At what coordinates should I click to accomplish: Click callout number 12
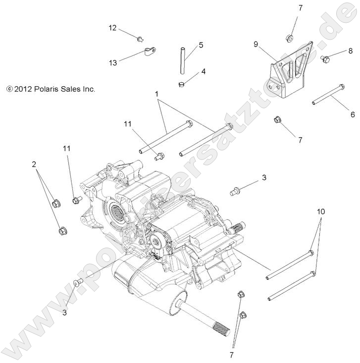[x=112, y=28]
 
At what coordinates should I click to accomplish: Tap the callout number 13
[x=113, y=62]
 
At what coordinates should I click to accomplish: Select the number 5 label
[x=201, y=45]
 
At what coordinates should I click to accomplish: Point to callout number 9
[x=256, y=44]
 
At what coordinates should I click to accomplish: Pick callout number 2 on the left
[x=34, y=164]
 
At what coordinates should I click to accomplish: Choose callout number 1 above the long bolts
[x=156, y=93]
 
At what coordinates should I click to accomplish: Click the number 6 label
[x=353, y=114]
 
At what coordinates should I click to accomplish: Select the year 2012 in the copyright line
[x=23, y=90]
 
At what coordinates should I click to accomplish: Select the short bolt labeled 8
[x=325, y=59]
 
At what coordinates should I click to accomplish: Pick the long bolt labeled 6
[x=328, y=95]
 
